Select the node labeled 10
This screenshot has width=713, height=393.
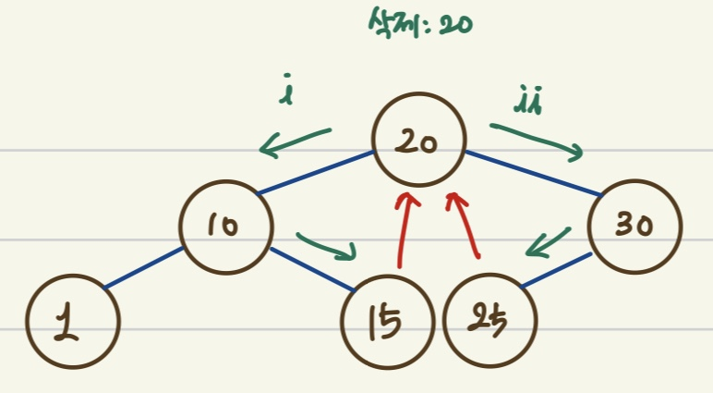[x=227, y=225]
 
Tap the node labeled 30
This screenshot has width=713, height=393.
[x=635, y=226]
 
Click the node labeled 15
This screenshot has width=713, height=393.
[x=388, y=323]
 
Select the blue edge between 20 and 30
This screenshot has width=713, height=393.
[x=533, y=173]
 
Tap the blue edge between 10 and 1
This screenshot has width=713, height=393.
[x=143, y=268]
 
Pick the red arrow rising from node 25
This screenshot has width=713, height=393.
[x=466, y=225]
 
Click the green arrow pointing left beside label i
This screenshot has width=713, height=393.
[x=296, y=141]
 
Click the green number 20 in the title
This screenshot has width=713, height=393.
[x=456, y=24]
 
